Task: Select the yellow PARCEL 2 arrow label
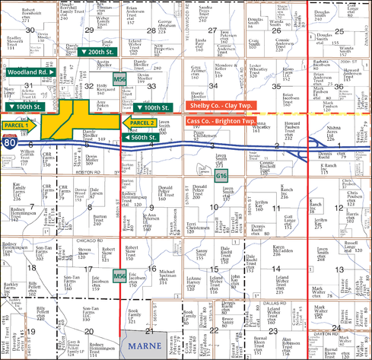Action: pyautogui.click(x=141, y=122)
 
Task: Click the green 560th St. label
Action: pyautogui.click(x=138, y=137)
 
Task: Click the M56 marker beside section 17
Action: pyautogui.click(x=119, y=274)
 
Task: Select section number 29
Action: pyautogui.click(x=89, y=30)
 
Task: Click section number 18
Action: pyautogui.click(x=33, y=267)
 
